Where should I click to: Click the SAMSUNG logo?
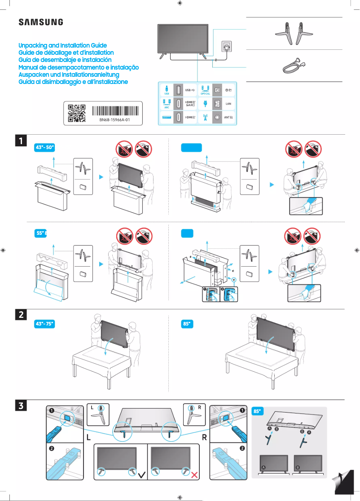tap(40, 22)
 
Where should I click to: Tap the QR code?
tap(76, 113)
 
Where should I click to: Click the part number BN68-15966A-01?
tap(114, 120)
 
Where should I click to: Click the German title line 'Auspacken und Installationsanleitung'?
tap(68, 74)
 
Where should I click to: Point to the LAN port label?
tap(228, 103)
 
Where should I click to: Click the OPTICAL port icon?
tap(205, 89)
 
